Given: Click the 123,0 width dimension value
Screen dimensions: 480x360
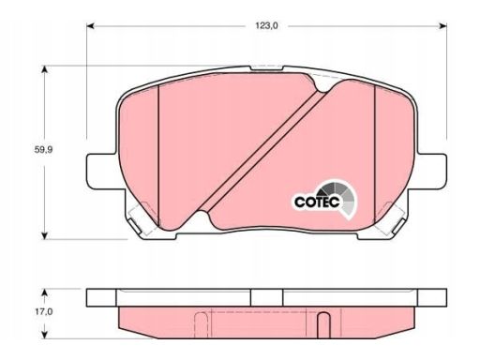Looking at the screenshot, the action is pyautogui.click(x=266, y=26).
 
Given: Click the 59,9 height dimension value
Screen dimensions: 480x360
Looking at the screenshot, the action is pyautogui.click(x=43, y=150).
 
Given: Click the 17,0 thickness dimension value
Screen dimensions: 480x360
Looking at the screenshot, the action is pyautogui.click(x=44, y=311).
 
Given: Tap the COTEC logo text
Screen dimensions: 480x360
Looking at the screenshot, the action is pyautogui.click(x=317, y=202).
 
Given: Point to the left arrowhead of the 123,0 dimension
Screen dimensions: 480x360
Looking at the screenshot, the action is pyautogui.click(x=90, y=26).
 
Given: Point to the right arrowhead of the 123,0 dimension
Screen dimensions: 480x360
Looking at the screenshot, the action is pyautogui.click(x=442, y=26).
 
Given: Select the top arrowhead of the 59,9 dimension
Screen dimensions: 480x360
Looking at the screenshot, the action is pyautogui.click(x=45, y=69).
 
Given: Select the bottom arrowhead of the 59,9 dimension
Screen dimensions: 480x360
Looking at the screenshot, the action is pyautogui.click(x=45, y=235).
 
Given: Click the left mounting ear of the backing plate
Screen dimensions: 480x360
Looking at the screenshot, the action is pyautogui.click(x=102, y=172).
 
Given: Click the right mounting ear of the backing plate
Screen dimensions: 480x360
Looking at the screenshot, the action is pyautogui.click(x=431, y=172).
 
